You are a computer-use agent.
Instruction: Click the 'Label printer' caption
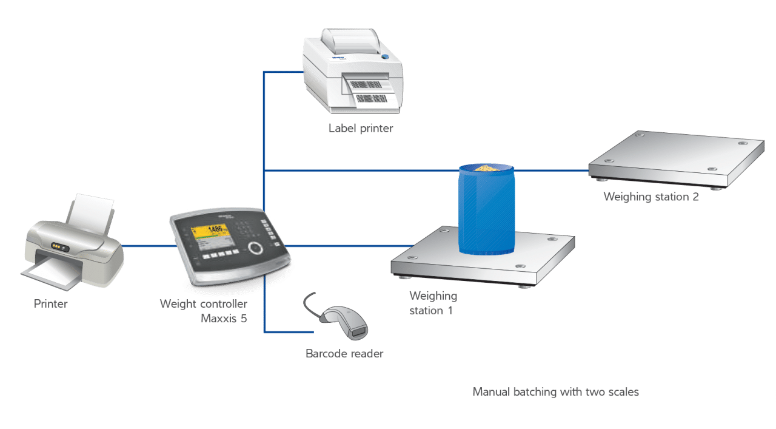coord(360,128)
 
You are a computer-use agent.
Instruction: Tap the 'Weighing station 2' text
coord(651,197)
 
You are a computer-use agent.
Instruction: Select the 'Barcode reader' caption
coord(344,354)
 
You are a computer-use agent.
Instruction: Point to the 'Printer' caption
coord(50,304)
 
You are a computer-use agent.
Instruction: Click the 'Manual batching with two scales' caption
coord(555,392)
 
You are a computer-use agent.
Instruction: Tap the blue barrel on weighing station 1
coord(487,212)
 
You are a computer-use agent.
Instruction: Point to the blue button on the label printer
coord(384,56)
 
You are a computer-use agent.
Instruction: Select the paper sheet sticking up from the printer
coord(91,210)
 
